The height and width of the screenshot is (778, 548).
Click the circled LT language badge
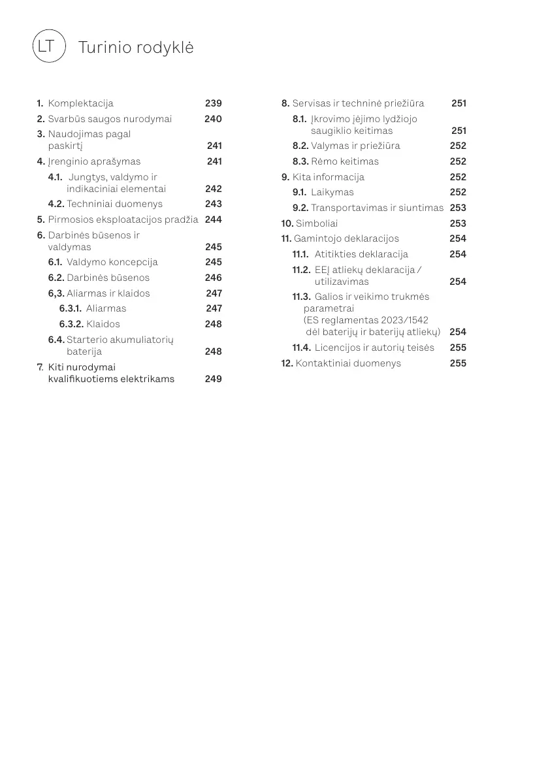pos(49,46)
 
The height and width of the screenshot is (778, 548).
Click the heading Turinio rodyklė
pos(135,48)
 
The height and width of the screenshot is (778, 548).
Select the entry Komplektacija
pos(80,103)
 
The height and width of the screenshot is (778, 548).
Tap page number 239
pos(213,103)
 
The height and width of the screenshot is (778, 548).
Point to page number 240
pos(213,119)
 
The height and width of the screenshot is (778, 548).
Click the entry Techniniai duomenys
pos(114,204)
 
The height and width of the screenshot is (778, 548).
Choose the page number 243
pos(213,204)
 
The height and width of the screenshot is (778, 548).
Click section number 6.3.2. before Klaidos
pos(71,324)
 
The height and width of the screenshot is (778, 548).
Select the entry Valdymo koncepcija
pos(112,262)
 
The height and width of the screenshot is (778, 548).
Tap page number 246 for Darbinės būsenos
pos(213,278)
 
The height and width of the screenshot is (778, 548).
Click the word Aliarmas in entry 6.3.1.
pos(106,308)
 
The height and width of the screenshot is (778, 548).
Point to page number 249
pos(213,379)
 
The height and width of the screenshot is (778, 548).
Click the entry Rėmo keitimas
pos(344,161)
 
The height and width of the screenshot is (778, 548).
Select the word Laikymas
pos(332,192)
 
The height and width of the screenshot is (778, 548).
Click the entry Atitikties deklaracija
pos(361,254)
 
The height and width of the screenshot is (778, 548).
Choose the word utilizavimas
pos(342,282)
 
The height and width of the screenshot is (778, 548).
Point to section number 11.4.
pos(301,348)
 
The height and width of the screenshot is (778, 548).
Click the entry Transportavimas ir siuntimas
pos(377,208)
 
